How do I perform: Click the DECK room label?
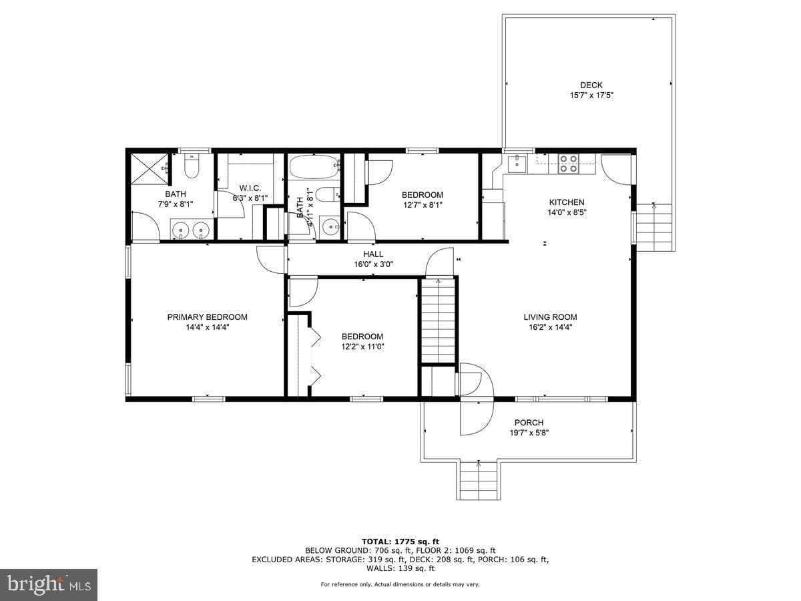591,85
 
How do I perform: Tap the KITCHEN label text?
566,202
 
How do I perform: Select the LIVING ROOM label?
550,317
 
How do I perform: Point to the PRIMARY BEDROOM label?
208,317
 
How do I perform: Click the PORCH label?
529,423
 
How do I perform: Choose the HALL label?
373,254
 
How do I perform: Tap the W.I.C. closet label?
250,188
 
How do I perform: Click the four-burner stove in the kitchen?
569,164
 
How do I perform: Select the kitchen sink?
517,164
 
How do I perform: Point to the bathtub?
314,167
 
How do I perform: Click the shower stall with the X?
150,169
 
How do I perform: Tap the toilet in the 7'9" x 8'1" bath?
192,166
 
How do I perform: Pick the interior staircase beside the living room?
438,321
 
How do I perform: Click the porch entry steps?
478,481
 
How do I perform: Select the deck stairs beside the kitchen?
653,228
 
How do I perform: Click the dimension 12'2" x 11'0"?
362,347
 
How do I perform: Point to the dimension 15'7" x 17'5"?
591,95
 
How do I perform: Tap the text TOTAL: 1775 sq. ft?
400,542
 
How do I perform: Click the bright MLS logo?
49,584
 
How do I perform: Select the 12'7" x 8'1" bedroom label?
423,200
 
